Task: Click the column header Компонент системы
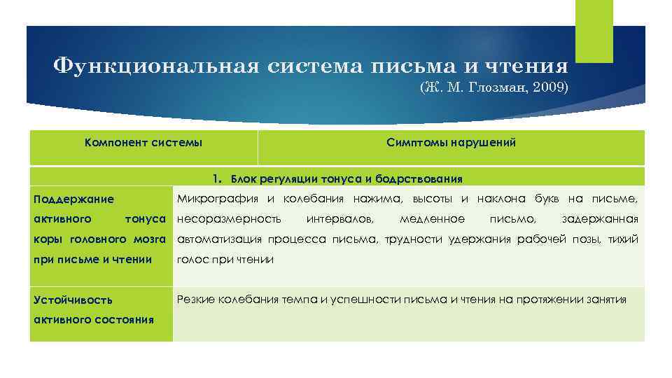coord(143,143)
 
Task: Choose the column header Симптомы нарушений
coord(451,143)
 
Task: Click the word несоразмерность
coord(229,219)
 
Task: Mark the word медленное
coord(432,219)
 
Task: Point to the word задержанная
coord(600,219)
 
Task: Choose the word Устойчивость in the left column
coord(73,300)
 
